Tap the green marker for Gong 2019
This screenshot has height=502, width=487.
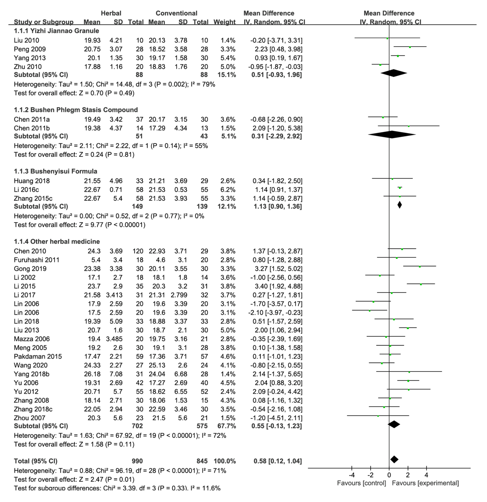click(420, 267)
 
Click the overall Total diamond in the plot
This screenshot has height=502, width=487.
click(394, 459)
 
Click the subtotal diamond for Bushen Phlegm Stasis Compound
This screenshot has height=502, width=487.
click(392, 134)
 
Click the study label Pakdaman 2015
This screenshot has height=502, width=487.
click(38, 357)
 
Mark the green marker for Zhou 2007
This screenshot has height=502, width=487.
click(378, 416)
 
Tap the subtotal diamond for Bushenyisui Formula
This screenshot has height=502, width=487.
click(399, 205)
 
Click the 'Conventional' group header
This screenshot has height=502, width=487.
click(176, 13)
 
